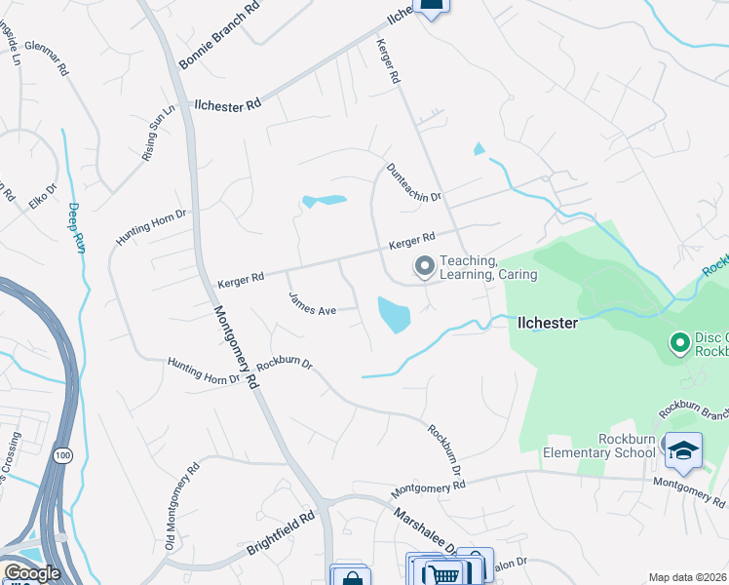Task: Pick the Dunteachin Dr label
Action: click(415, 182)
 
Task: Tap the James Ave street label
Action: click(312, 304)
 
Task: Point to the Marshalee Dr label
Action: click(425, 532)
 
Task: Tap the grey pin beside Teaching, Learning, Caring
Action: click(424, 265)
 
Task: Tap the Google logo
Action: click(31, 573)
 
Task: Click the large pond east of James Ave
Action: click(394, 314)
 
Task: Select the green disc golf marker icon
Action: click(679, 342)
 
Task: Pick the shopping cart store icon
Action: click(443, 574)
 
